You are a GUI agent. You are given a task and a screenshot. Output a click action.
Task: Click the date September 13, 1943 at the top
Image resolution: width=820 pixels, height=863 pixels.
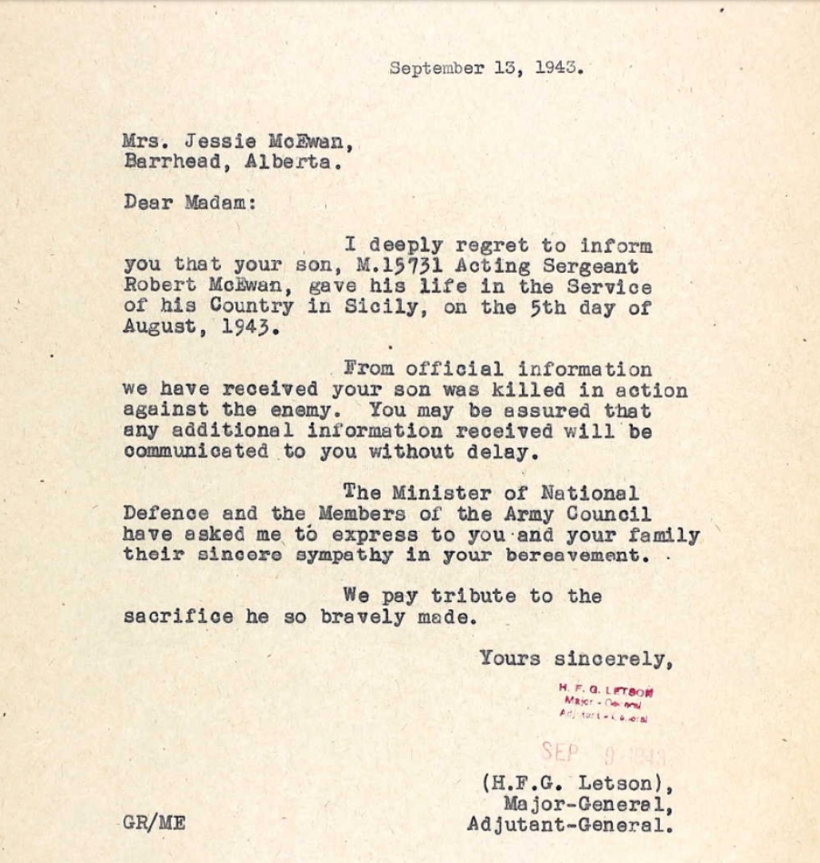point(486,68)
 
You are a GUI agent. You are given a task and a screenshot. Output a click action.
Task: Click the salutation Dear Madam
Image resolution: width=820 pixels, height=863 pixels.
point(190,203)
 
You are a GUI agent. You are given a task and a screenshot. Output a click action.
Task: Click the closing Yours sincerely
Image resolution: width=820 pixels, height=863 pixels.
point(575,657)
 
